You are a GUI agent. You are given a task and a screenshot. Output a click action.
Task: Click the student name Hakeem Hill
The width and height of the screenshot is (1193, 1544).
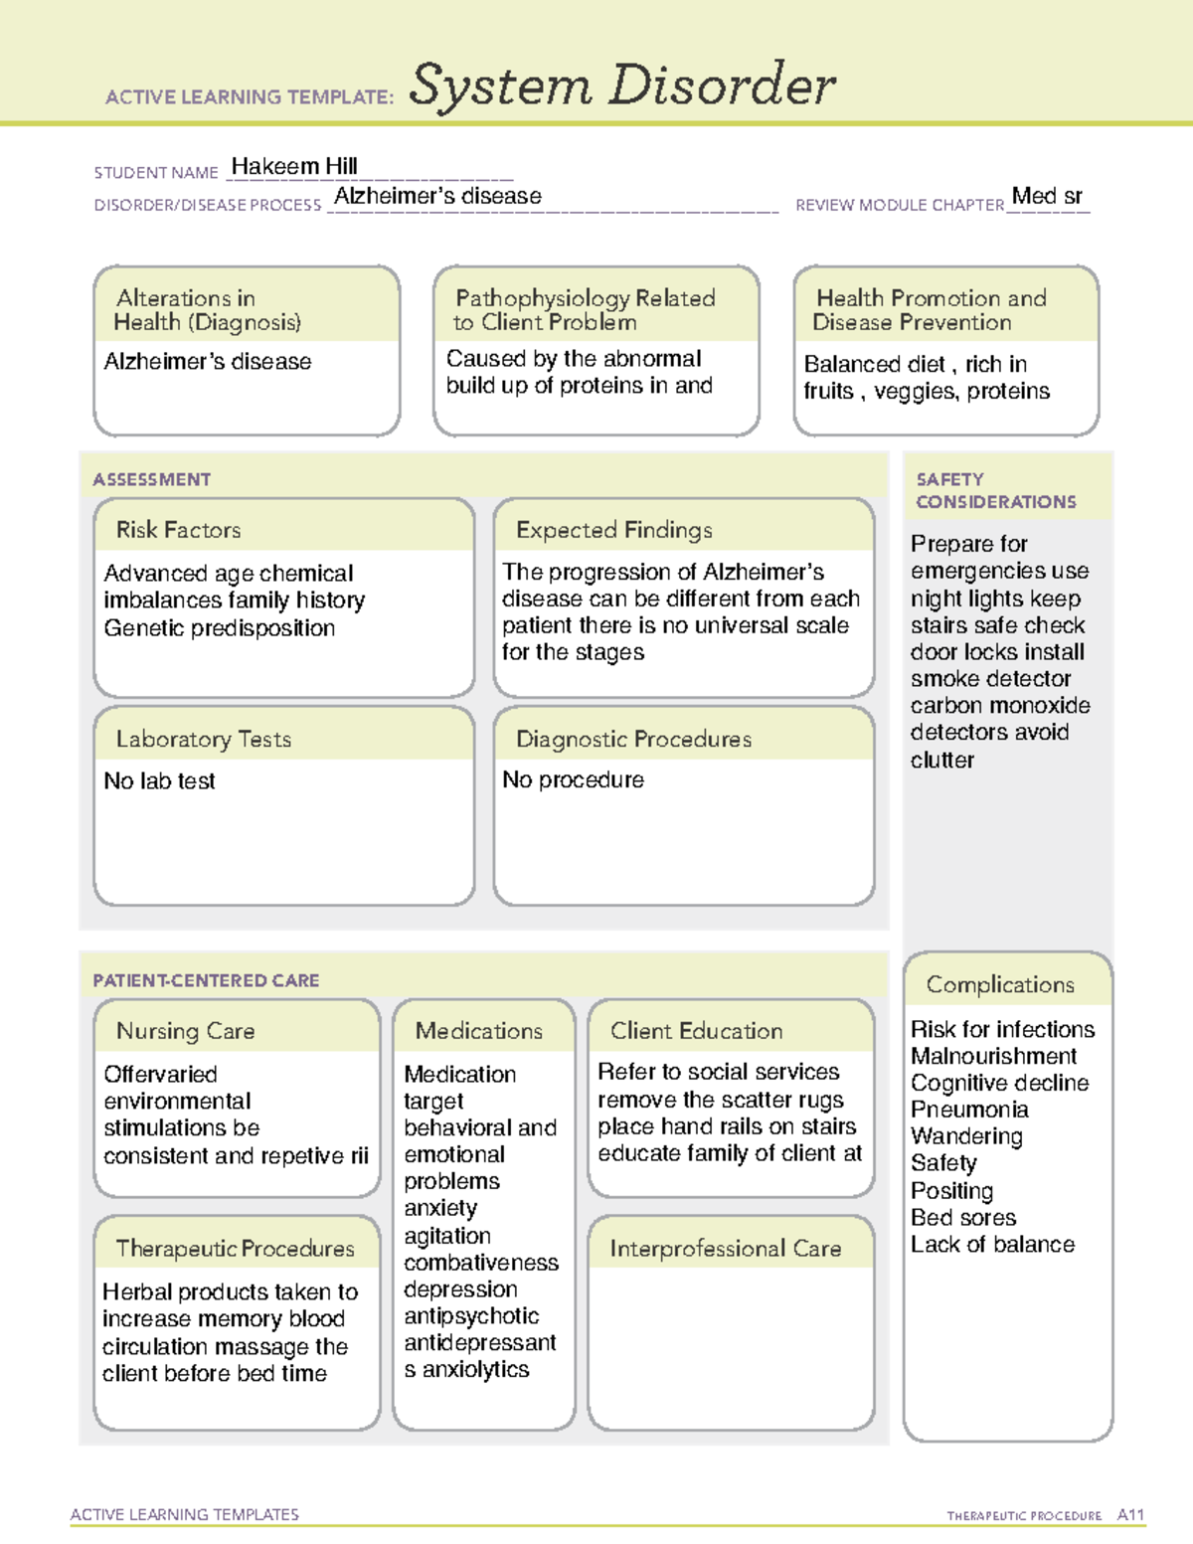pos(293,166)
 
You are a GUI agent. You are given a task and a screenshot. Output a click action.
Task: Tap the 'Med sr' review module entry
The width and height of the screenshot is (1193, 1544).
pos(1047,196)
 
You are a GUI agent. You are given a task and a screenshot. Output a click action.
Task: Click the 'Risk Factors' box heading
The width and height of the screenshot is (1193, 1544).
pos(178,530)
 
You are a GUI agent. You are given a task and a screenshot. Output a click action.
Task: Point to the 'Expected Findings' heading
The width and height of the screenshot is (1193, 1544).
pos(613,530)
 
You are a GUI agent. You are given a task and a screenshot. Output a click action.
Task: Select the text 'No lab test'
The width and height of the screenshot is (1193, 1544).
pos(159,781)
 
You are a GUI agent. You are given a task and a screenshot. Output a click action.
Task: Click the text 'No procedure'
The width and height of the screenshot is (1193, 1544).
pos(573,780)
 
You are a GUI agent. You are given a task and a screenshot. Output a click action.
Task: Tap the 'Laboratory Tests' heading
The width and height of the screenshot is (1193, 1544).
pos(203,739)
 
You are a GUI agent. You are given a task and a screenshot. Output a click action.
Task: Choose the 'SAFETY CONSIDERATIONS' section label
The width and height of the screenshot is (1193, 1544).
pos(995,490)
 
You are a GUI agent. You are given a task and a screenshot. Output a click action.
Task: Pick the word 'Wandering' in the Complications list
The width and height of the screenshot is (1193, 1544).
pos(966,1136)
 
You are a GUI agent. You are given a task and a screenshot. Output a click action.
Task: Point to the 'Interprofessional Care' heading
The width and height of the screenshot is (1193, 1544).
pos(725,1249)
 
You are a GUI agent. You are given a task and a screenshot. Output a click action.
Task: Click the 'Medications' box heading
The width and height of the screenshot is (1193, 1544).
pos(478,1031)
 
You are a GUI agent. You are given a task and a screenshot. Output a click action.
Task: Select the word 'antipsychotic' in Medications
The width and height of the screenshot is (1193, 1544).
pos(471,1316)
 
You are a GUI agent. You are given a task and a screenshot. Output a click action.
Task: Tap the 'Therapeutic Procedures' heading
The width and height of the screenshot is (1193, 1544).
pos(235,1249)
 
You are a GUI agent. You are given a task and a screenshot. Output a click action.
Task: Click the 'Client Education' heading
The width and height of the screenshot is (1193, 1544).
pos(696,1031)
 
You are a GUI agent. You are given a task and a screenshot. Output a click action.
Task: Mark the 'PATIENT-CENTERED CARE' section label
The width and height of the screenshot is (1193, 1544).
pos(206,980)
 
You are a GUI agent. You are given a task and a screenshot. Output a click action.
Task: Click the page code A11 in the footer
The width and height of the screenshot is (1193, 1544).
pos(1130,1515)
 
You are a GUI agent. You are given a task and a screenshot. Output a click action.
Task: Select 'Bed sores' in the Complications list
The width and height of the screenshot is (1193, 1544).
pos(963,1218)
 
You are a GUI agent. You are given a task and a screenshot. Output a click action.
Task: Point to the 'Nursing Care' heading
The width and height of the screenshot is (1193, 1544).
pos(185,1031)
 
